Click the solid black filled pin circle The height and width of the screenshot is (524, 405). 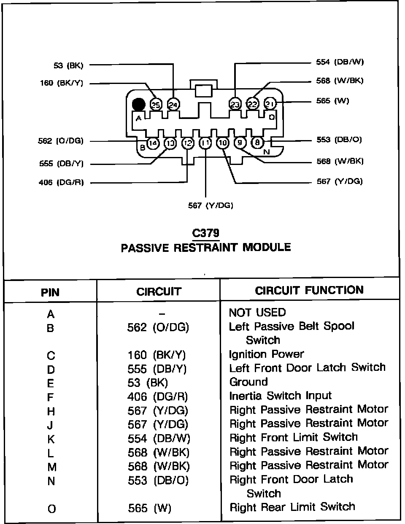click(x=138, y=104)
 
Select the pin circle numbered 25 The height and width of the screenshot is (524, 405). click(x=156, y=104)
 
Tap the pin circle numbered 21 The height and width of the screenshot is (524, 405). click(x=270, y=103)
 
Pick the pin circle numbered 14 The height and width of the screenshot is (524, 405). click(x=154, y=143)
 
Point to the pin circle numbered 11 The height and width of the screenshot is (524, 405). click(x=205, y=143)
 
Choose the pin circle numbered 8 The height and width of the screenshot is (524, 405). click(x=257, y=143)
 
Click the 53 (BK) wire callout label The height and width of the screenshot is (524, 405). click(x=69, y=65)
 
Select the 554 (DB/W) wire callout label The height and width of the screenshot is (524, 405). click(x=340, y=62)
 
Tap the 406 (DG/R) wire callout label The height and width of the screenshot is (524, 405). click(x=61, y=183)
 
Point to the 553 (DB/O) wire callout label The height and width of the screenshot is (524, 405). click(x=339, y=140)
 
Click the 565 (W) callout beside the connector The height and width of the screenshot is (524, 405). click(x=333, y=101)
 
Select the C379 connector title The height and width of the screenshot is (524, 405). click(x=205, y=233)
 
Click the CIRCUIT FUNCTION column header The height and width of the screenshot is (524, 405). click(x=309, y=290)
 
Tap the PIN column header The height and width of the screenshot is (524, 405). click(x=50, y=292)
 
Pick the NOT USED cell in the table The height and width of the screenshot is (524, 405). click(x=257, y=313)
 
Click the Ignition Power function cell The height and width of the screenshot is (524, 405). click(x=266, y=354)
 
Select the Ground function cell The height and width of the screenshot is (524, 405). click(x=248, y=382)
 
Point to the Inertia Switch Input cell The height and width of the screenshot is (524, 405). click(x=280, y=396)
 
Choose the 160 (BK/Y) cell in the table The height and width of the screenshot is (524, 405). click(x=157, y=355)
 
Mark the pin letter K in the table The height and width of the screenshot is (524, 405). click(x=51, y=439)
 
